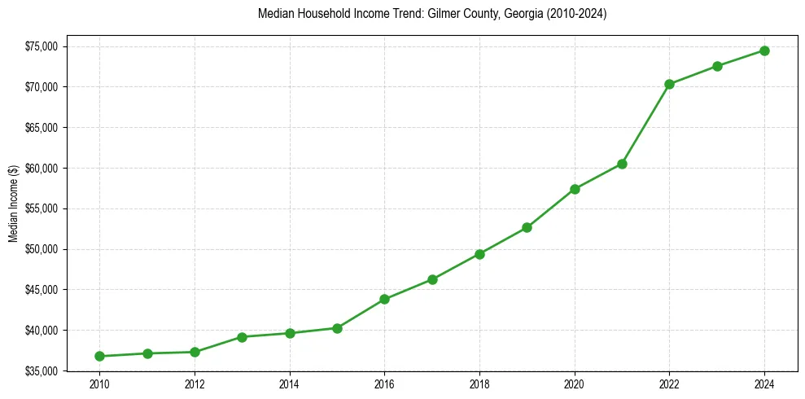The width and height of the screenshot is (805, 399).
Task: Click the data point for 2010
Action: tap(99, 356)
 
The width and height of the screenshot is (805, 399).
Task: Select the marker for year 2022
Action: tap(669, 84)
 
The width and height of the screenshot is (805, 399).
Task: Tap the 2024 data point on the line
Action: tap(764, 50)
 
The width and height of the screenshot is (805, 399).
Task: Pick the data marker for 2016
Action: tap(384, 299)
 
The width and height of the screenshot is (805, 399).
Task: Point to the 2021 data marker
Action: tap(622, 164)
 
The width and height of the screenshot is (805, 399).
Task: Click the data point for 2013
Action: tap(242, 336)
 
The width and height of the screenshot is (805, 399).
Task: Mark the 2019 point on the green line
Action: tap(527, 227)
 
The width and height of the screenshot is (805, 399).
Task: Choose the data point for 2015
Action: tap(337, 328)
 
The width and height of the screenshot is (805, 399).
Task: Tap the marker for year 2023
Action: tap(717, 66)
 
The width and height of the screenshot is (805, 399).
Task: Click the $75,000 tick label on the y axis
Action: tap(42, 46)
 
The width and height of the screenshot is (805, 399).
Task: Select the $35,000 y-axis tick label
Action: tap(42, 370)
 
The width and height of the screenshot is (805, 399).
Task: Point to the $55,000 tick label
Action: tap(42, 208)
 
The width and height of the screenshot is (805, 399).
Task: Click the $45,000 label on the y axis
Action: tap(42, 289)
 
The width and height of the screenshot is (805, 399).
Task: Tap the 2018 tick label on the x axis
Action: tap(479, 384)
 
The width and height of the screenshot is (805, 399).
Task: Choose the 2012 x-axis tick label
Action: tap(195, 384)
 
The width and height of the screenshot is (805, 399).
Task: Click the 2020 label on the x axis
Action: tap(575, 384)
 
